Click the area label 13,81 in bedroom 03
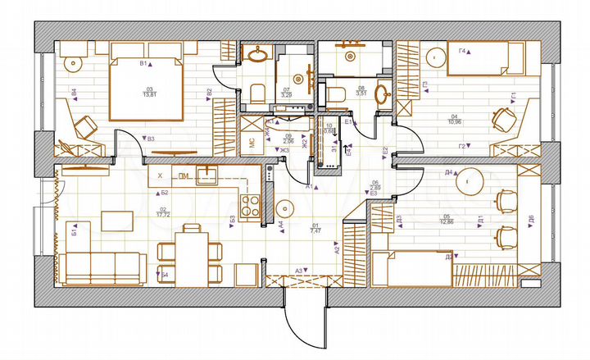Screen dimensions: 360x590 [x=149, y=95]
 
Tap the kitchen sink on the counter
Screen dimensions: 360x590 [x=209, y=175]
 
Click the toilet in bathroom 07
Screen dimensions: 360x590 [x=256, y=93]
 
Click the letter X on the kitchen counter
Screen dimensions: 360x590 [x=160, y=175]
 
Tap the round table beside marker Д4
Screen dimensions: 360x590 [x=468, y=178]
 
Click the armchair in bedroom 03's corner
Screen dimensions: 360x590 [x=85, y=125]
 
